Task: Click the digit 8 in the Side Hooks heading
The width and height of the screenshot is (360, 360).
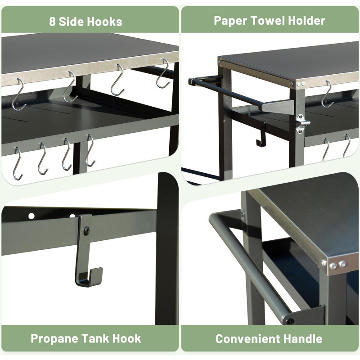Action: coord(52,22)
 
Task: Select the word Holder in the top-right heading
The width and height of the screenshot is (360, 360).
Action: coord(306,21)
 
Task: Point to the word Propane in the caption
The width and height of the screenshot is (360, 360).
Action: coord(55,339)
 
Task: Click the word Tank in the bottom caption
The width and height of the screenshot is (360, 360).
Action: coord(94,338)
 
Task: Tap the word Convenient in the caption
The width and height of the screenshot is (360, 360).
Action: coord(248,339)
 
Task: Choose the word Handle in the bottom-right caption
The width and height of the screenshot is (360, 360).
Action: coord(303,339)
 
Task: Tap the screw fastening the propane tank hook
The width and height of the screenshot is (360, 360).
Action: coord(87,231)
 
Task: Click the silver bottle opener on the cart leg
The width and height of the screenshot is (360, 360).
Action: coord(302,124)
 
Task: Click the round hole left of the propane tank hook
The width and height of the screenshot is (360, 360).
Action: coord(31,216)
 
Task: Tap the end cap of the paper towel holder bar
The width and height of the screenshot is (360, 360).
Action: coord(191,81)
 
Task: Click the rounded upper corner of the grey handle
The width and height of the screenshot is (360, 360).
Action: coord(213,217)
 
